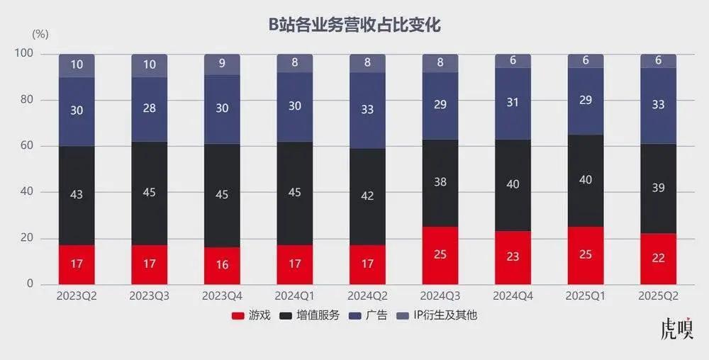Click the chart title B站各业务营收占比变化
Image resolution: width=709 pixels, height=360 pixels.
[x=354, y=25]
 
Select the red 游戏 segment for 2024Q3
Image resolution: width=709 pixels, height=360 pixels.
[x=440, y=255]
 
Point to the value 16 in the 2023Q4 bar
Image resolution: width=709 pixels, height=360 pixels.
[x=222, y=265]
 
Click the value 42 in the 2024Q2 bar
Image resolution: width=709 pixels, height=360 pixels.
[x=367, y=196]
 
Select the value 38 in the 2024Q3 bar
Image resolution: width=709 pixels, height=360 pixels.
[x=440, y=182]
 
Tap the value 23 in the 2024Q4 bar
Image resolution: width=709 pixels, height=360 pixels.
[x=513, y=257]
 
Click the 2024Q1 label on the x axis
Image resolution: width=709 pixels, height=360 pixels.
[x=294, y=295]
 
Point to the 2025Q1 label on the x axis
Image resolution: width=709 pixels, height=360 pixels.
[x=585, y=295]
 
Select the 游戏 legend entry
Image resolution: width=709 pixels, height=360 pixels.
[x=251, y=315]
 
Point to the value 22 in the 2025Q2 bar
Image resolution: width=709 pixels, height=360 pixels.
[x=658, y=258]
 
